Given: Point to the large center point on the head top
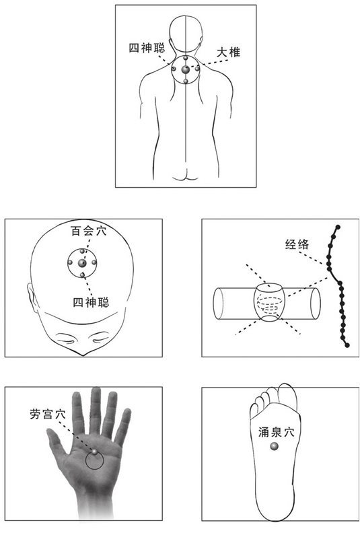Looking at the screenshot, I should pos(82,263).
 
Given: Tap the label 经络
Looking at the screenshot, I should pos(297,246).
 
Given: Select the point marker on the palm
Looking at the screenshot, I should pos(95,452).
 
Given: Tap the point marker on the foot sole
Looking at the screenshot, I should pos(274,447).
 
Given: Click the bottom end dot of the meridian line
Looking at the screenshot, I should pos(348,345).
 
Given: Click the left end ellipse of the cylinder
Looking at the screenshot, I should pos(219,304).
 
